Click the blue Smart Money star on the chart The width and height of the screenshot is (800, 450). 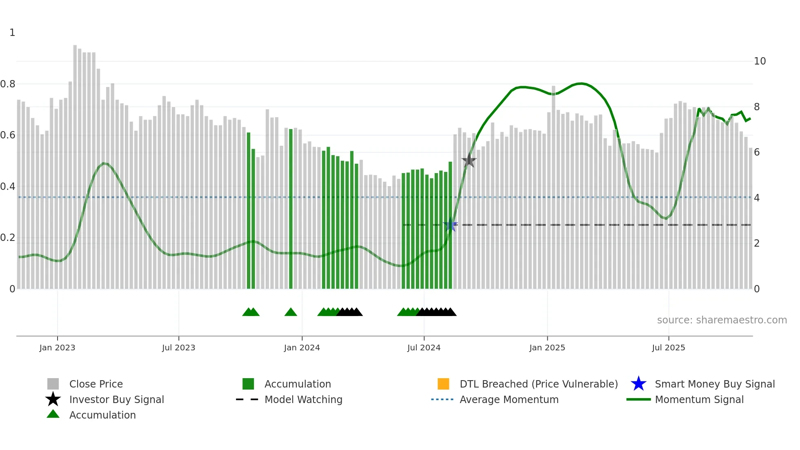coord(450,225)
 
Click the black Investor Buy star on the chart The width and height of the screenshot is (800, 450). coord(469,160)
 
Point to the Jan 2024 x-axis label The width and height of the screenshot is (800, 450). coord(302,348)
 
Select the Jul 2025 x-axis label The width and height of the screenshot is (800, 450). coord(668,348)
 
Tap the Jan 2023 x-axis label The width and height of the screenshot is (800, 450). coord(57,348)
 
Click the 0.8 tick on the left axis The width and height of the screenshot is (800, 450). coord(8,84)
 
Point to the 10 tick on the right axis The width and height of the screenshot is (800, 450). coord(760,61)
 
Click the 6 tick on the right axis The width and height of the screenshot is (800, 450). coord(757,152)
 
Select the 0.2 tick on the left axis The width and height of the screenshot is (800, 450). coord(8,238)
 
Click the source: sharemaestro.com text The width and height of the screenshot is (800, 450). coord(722,320)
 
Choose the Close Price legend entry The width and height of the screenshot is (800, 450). coord(96,384)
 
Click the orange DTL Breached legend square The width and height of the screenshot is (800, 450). coord(443,384)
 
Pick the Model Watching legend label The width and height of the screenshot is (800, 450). coord(303,399)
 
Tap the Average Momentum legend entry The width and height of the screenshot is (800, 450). coord(509,399)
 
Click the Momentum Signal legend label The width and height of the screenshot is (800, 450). coord(699,399)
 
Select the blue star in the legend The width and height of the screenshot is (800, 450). coord(638,384)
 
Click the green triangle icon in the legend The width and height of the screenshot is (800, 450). coord(53,414)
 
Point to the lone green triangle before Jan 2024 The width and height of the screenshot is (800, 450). coord(291,312)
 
